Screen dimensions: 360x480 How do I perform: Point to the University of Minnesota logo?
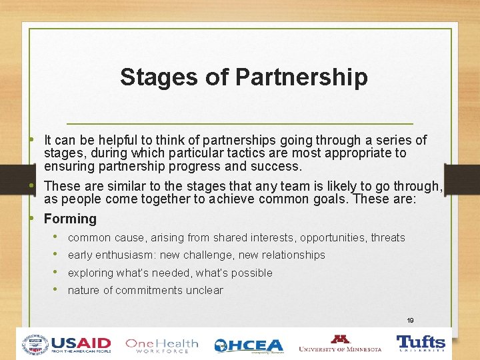340,344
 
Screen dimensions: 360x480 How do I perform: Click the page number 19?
410,321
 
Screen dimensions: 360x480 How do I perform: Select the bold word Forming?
70,219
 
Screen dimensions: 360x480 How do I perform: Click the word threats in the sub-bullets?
388,238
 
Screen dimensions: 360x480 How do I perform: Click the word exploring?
91,273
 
